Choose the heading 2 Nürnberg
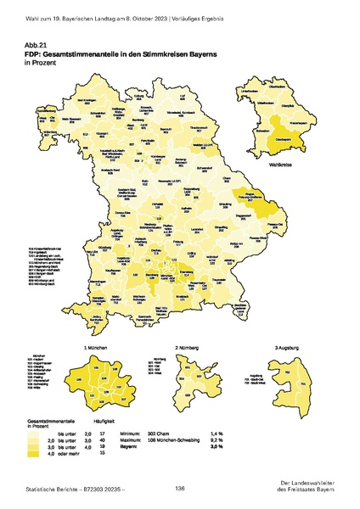pyautogui.click(x=191, y=348)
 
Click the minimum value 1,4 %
pyautogui.click(x=241, y=433)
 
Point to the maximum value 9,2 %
pyautogui.click(x=241, y=439)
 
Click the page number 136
pyautogui.click(x=179, y=489)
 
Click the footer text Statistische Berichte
pyautogui.click(x=48, y=490)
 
